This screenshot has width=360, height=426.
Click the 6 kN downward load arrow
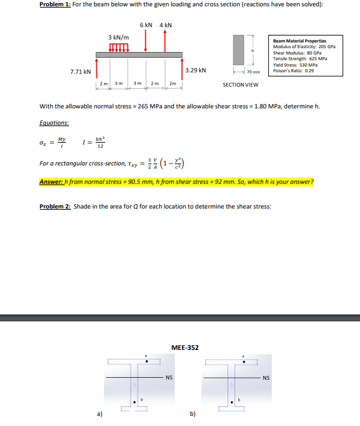[x=146, y=41]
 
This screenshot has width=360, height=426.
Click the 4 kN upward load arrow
[x=165, y=41]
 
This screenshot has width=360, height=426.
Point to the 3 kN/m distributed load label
[x=119, y=37]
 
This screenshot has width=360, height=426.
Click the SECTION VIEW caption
[x=240, y=84]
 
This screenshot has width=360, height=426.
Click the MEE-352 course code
[x=185, y=347]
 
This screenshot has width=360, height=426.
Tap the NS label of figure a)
[x=169, y=378]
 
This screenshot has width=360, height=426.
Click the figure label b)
[x=193, y=413]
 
